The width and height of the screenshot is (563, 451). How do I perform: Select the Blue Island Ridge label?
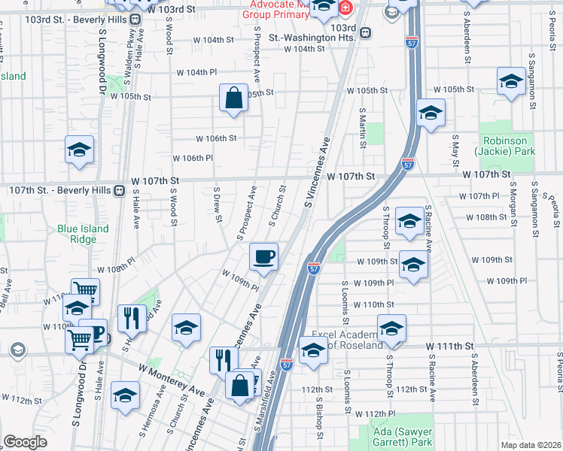pyautogui.click(x=83, y=234)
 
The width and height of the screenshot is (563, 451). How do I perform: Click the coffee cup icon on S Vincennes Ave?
pyautogui.click(x=264, y=257)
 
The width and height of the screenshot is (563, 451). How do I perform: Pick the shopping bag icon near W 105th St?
pyautogui.click(x=234, y=98)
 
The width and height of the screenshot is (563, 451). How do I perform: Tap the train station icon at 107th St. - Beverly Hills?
pyautogui.click(x=119, y=191)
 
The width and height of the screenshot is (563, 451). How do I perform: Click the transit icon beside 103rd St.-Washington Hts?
pyautogui.click(x=366, y=32)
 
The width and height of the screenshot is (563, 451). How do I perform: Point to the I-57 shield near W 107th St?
pyautogui.click(x=407, y=163)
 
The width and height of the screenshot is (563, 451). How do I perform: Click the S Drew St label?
pyautogui.click(x=218, y=204)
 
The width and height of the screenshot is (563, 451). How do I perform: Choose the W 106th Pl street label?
pyautogui.click(x=193, y=159)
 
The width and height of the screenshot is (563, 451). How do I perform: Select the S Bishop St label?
pyautogui.click(x=321, y=422)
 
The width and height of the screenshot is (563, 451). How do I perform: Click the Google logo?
pyautogui.click(x=25, y=441)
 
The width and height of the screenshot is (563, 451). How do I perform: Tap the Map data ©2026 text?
pyautogui.click(x=531, y=445)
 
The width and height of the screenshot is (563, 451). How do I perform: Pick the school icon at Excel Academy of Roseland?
pyautogui.click(x=313, y=351)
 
